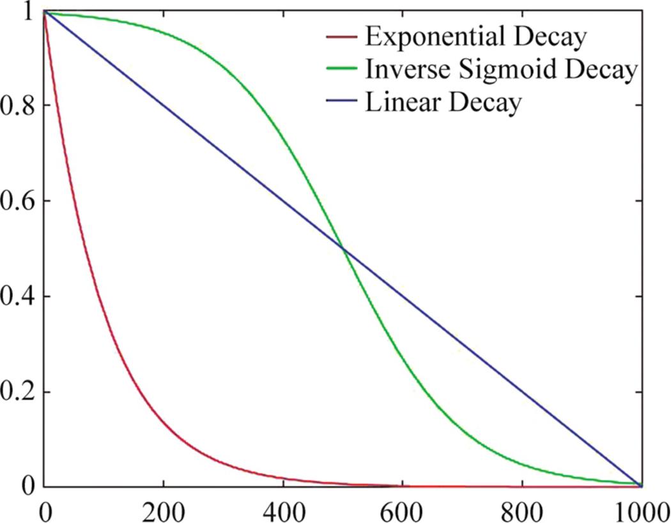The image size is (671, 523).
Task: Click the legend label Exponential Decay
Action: click(475, 38)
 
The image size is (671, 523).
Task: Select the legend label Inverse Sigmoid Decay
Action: click(501, 70)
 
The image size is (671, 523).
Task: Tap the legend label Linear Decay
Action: click(443, 103)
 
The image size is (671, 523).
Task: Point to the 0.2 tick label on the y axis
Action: click(17, 392)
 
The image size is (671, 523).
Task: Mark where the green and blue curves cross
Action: click(343, 248)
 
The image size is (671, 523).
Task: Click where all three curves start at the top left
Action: click(43, 11)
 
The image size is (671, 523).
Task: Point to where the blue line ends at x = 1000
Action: click(641, 486)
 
